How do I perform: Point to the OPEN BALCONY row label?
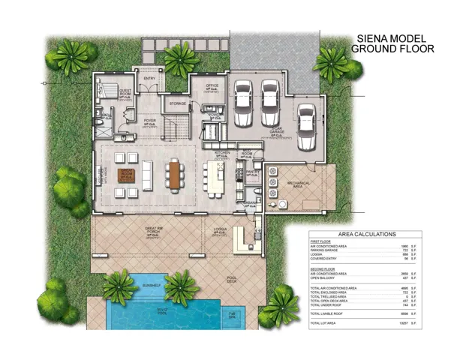pos(325,278)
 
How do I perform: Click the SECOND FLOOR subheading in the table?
pos(324,268)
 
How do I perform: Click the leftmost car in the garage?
pos(243,103)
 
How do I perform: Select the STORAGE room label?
pos(178,103)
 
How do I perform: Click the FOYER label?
pos(150,120)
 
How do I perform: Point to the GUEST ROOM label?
pos(125,91)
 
